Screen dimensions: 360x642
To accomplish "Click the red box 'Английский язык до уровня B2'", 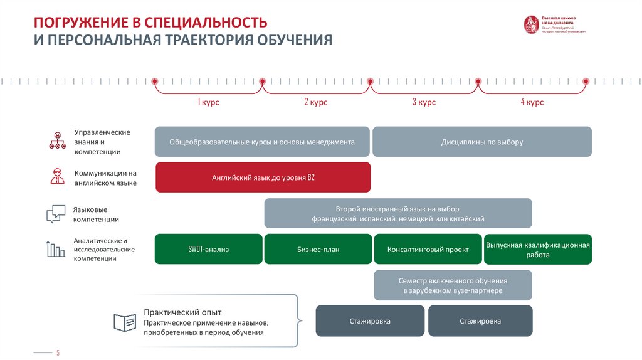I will coord(263,177).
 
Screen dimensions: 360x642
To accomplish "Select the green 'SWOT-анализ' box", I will coord(209,249).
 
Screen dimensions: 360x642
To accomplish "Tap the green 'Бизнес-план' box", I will coord(318,249).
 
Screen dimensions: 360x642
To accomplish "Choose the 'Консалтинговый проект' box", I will coord(428,249).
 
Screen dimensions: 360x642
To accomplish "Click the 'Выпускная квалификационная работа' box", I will coord(537,249).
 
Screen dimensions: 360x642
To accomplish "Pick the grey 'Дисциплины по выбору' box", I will coord(481,142).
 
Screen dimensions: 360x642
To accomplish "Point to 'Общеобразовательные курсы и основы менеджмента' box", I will coord(262,142).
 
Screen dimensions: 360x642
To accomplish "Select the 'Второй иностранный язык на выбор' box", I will coord(398,213).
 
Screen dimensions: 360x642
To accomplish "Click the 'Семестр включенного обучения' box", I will coord(453,285).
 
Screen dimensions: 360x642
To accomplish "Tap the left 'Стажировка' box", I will coord(370,321).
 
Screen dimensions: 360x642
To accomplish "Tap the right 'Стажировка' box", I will coord(480,321).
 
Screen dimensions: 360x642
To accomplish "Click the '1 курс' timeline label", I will coord(209,102).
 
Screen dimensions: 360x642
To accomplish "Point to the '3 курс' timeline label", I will coord(424,102).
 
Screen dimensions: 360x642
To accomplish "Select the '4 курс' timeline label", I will coord(532,102).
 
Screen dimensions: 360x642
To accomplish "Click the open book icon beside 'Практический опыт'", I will coord(124,322).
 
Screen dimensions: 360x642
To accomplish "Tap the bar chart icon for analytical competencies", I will coord(55,248).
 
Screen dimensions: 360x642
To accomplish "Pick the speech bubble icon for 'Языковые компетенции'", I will coord(55,213).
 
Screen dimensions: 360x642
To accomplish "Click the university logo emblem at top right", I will coord(531,24).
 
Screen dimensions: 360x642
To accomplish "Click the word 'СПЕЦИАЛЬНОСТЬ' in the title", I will coord(206,23).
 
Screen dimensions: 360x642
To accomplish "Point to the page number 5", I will coord(58,353).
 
